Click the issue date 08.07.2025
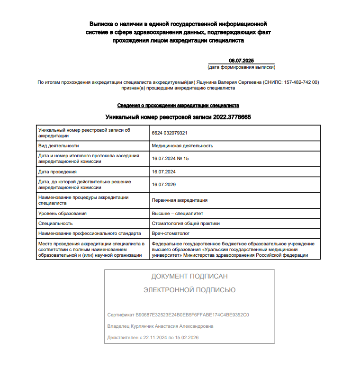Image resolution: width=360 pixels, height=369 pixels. coord(242,61)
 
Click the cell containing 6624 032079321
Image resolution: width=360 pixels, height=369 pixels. coord(170,133)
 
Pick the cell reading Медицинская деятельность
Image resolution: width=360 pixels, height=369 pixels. coord(182,146)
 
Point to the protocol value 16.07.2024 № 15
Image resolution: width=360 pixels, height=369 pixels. coord(170,159)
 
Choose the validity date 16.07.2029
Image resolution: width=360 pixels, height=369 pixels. coord(164,184)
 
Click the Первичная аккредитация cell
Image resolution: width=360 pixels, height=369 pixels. coord(180,200)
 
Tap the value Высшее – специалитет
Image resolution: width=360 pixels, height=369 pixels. coord(177,214)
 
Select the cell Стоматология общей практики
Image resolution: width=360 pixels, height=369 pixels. coord(186,223)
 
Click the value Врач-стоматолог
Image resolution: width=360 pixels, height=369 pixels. coord(171,233)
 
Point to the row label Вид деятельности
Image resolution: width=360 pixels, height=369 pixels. coord(58,146)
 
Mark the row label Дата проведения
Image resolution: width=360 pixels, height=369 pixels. coord(57,171)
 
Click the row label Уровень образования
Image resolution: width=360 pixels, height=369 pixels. coord(63,214)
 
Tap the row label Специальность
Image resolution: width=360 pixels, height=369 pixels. coord(55,223)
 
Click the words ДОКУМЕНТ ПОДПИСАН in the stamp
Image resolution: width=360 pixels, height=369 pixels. coord(189,276)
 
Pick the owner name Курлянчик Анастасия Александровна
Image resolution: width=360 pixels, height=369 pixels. coord(173,326)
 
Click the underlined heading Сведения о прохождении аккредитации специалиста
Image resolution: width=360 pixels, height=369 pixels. coord(178,105)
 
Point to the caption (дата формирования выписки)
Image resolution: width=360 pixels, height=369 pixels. coord(242,67)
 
